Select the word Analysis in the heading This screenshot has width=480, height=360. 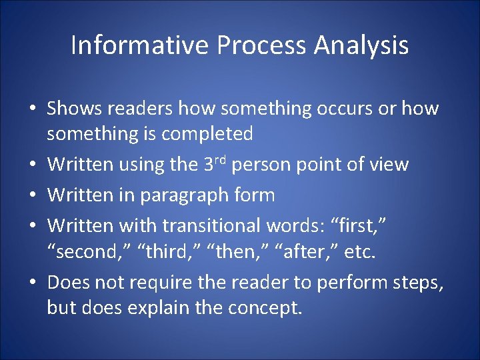tap(361, 45)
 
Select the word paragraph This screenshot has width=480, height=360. tap(183, 195)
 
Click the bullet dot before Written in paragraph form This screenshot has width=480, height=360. tap(34, 196)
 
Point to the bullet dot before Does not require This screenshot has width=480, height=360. tap(34, 283)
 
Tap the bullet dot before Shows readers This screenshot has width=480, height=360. tap(34, 109)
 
